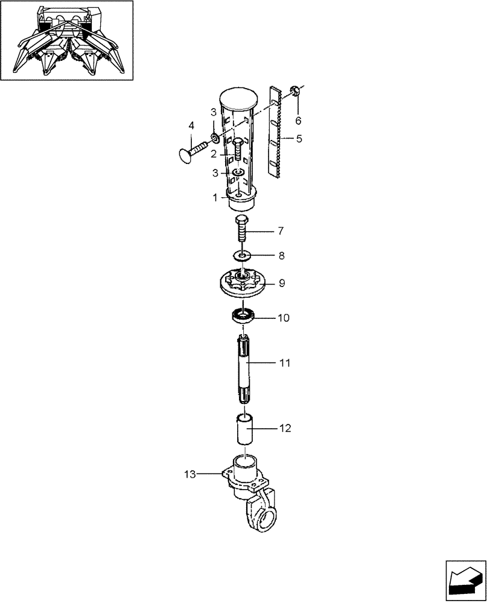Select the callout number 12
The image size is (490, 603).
[285, 429]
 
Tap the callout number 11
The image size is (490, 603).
[285, 363]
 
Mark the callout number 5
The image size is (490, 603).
[299, 139]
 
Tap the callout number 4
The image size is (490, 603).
[191, 125]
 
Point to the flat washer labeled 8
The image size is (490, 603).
[242, 256]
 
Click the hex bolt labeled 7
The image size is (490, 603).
[241, 228]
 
